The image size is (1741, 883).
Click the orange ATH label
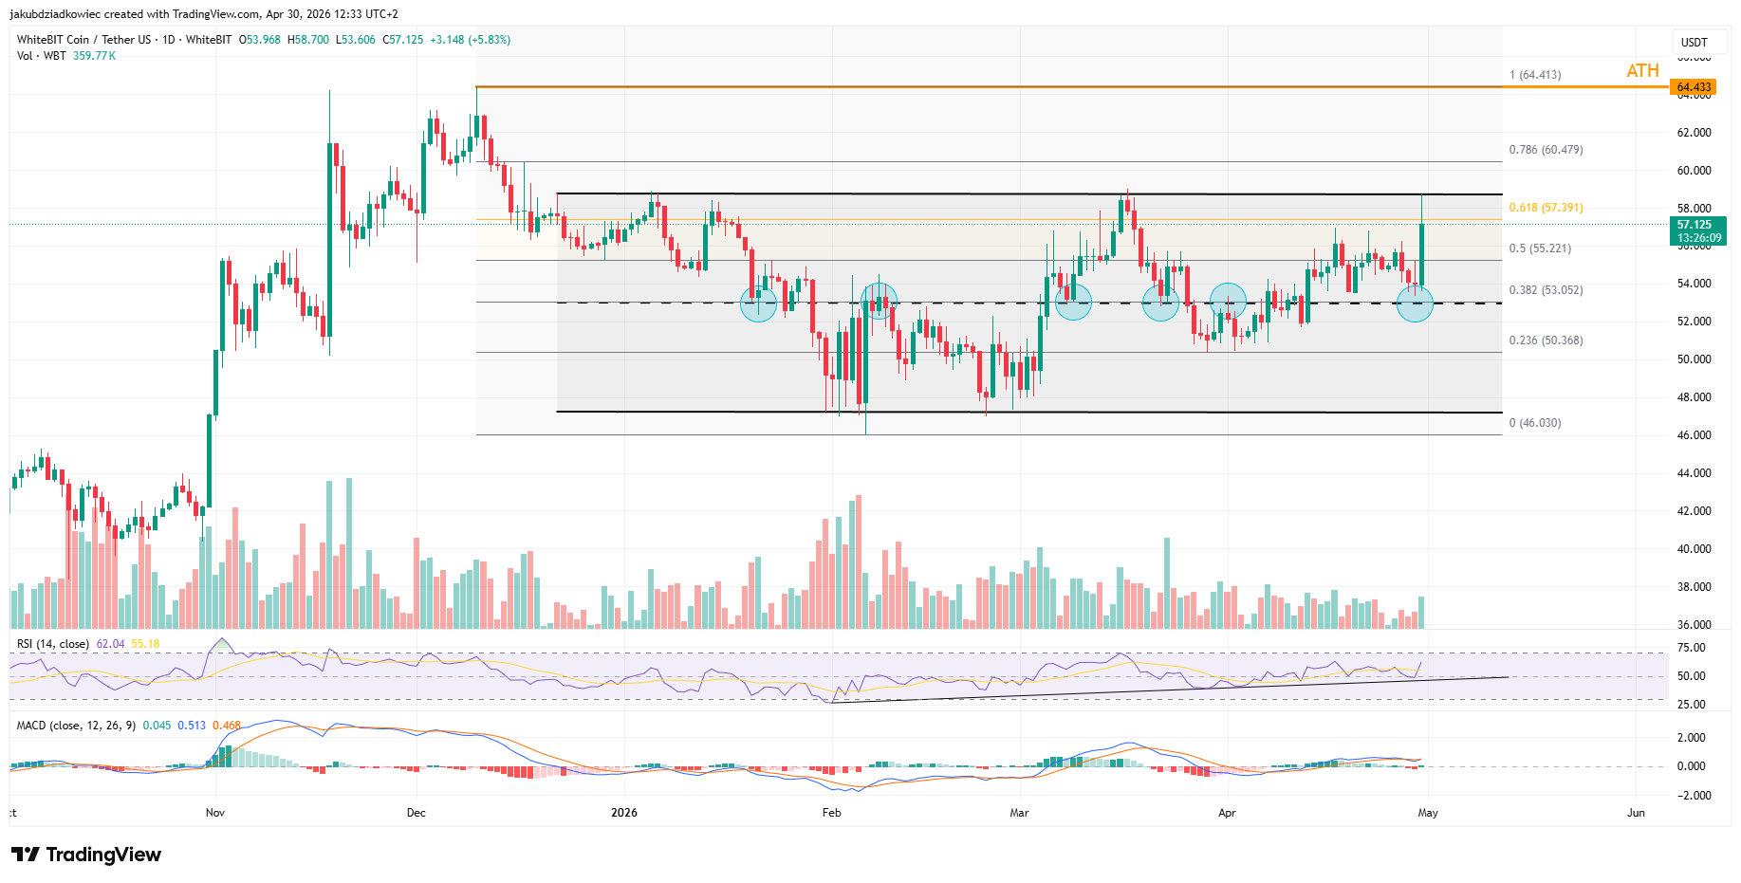pyautogui.click(x=1642, y=71)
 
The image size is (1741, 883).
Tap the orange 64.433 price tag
pyautogui.click(x=1694, y=87)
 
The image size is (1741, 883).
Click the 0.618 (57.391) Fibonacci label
pyautogui.click(x=1546, y=208)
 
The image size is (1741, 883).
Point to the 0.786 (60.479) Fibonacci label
pyautogui.click(x=1546, y=150)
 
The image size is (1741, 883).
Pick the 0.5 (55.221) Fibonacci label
pyautogui.click(x=1540, y=248)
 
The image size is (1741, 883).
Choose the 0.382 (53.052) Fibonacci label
pyautogui.click(x=1546, y=290)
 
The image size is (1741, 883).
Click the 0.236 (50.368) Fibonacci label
pyautogui.click(x=1546, y=340)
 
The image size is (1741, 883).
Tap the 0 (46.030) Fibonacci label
pyautogui.click(x=1534, y=423)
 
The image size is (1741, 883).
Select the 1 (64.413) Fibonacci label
pyautogui.click(x=1534, y=75)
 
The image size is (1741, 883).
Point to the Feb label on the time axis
pyautogui.click(x=831, y=813)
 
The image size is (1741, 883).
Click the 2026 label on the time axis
pyautogui.click(x=624, y=813)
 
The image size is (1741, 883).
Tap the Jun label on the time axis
pyautogui.click(x=1636, y=813)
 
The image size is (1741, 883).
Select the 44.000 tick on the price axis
pyautogui.click(x=1694, y=473)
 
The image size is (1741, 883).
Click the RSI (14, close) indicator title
pyautogui.click(x=53, y=644)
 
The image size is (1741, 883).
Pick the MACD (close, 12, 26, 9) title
pyautogui.click(x=77, y=726)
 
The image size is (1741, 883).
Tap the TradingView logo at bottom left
pyautogui.click(x=86, y=855)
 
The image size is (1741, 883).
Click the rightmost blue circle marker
pyautogui.click(x=1415, y=304)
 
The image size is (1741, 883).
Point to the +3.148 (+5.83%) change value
pyautogui.click(x=470, y=40)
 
